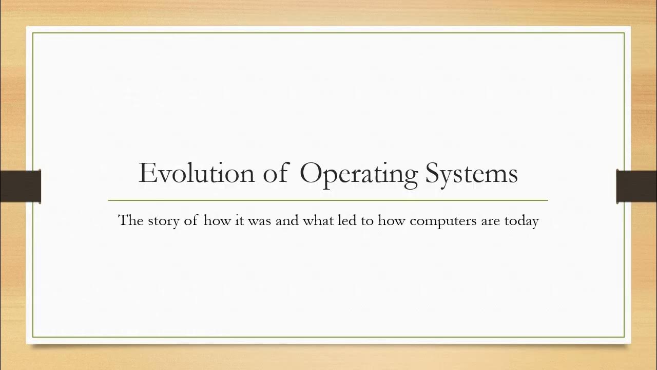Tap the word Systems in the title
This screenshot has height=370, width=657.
(x=471, y=174)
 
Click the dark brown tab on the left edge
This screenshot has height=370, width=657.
(x=20, y=186)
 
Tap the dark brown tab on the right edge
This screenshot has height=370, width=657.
(x=636, y=186)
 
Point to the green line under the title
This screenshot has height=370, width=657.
(x=328, y=200)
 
